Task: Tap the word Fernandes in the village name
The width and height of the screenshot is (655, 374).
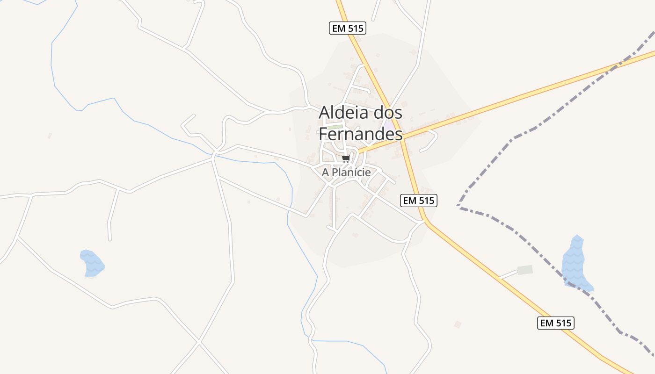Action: pos(360,134)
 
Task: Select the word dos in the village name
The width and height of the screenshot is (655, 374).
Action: pos(386,113)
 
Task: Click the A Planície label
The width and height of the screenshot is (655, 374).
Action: pos(346,173)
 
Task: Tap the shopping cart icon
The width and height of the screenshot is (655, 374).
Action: pos(346,159)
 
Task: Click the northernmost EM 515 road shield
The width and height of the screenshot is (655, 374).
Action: pos(347,29)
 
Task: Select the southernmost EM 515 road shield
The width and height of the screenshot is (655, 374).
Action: pos(555,323)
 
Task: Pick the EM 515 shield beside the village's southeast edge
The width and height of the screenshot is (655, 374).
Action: pos(419,201)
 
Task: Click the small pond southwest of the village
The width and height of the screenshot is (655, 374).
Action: pos(92,263)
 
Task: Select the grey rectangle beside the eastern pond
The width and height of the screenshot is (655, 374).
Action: pos(525,270)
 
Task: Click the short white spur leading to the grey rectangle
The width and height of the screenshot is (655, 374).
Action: pos(509,274)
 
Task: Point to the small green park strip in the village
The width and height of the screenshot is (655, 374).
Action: pos(335,127)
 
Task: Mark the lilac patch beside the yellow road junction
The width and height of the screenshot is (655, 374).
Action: pos(389,125)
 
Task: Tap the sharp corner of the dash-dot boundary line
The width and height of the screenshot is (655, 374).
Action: pos(458,206)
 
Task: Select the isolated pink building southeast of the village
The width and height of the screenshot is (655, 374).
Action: pos(458,324)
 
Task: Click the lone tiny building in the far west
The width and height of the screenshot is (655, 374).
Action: pos(49,136)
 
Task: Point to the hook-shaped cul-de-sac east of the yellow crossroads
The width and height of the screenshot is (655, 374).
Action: pos(432,140)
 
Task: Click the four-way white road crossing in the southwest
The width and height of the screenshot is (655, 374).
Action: pos(199,343)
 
